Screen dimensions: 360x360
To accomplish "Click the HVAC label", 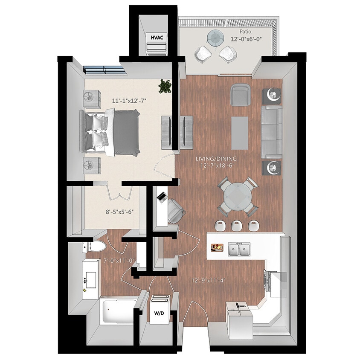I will pos(157,38).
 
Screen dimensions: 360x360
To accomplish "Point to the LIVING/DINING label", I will pos(216,159).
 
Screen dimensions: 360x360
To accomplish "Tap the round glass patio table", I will pos(216,39).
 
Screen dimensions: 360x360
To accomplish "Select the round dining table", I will pos(238,196).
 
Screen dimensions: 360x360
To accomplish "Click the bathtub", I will pos(118,312).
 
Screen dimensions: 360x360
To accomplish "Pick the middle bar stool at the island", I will pos(236,225).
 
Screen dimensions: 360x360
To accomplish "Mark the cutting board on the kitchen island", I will pos(217,247).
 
